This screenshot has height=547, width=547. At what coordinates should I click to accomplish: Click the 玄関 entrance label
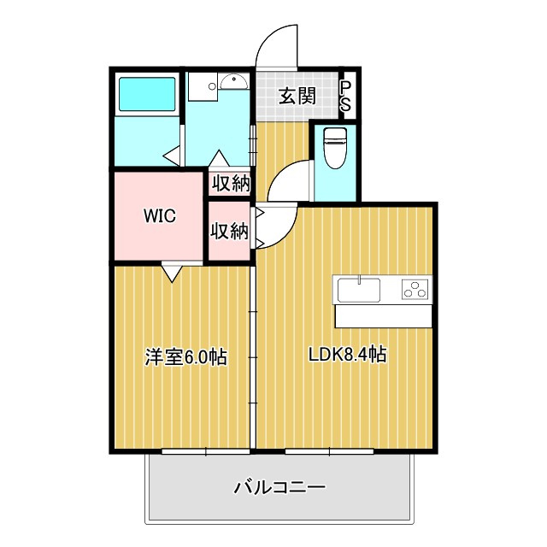pyautogui.click(x=297, y=96)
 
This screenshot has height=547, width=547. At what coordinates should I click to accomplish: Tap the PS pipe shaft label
pyautogui.click(x=345, y=97)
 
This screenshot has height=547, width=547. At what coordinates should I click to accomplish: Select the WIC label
pyautogui.click(x=160, y=216)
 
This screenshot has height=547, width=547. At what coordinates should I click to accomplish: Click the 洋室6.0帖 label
pyautogui.click(x=186, y=357)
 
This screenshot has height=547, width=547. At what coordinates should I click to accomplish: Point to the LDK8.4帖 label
pyautogui.click(x=348, y=355)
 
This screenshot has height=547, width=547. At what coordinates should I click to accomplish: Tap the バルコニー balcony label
pyautogui.click(x=279, y=487)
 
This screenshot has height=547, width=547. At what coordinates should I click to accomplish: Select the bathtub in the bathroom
pyautogui.click(x=147, y=94)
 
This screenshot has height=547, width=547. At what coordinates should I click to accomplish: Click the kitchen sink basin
pyautogui.click(x=359, y=290)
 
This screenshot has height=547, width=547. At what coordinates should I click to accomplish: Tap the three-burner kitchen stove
pyautogui.click(x=415, y=290)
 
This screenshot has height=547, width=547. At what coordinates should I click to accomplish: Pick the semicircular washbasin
pyautogui.click(x=234, y=83)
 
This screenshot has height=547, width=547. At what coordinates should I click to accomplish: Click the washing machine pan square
pyautogui.click(x=203, y=86)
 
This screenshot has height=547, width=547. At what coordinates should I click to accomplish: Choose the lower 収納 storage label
pyautogui.click(x=229, y=231)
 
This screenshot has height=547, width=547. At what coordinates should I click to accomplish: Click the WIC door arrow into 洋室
pyautogui.click(x=172, y=273)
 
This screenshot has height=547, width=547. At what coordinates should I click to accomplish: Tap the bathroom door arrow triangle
pyautogui.click(x=172, y=156)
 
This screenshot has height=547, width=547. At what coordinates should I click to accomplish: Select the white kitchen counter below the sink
pyautogui.click(x=384, y=316)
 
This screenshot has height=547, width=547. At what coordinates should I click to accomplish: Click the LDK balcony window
pyautogui.click(x=329, y=451)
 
